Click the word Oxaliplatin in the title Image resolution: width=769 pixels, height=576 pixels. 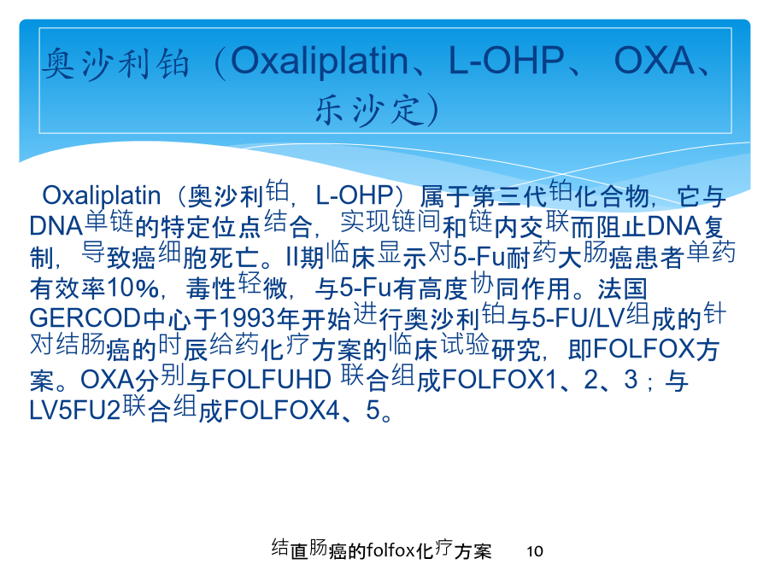coord(320,62)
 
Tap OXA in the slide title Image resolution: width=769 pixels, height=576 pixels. coord(655,61)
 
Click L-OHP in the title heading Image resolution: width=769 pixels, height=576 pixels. coord(507,61)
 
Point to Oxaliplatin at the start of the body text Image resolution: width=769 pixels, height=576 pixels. coord(102,196)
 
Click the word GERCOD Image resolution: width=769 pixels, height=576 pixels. coord(85,318)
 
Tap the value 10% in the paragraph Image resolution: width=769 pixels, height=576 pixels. coord(132,288)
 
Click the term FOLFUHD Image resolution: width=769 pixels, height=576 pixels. coord(271,380)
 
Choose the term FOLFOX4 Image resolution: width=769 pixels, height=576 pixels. coord(281,410)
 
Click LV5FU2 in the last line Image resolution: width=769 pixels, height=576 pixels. coord(75,410)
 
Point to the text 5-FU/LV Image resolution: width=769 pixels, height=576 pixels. coord(578,318)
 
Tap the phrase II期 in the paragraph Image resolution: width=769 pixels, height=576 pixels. coord(305,257)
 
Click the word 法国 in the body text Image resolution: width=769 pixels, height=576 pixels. coord(622,288)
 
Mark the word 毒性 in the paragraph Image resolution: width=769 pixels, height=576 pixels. coord(211,288)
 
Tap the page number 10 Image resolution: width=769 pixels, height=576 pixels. coord(535,551)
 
